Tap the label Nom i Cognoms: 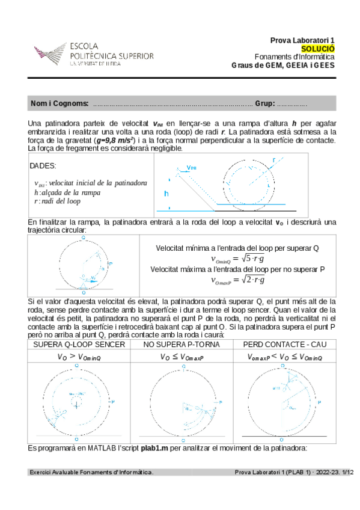click(59, 104)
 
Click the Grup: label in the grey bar click(264, 104)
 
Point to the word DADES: click(43, 165)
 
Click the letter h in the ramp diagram click(166, 194)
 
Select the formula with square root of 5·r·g click(237, 259)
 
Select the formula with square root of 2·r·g click(237, 280)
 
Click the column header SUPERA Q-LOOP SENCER click(79, 345)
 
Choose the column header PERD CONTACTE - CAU click(284, 345)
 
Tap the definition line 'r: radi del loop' click(57, 201)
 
